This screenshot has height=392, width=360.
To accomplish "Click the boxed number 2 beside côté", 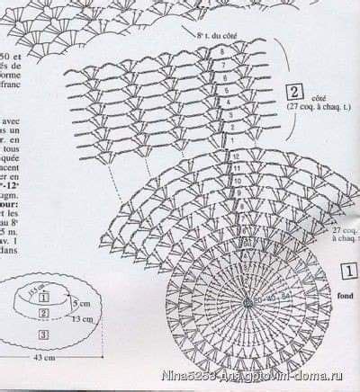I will [x=293, y=91].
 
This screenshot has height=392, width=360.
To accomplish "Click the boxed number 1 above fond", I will [x=348, y=270].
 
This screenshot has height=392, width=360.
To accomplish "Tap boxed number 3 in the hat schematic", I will [x=42, y=334].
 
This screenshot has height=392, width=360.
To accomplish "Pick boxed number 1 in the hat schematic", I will [x=42, y=298].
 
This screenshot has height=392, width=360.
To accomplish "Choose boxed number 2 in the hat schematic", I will [x=42, y=314].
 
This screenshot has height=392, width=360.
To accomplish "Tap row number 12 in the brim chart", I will [x=236, y=156].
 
